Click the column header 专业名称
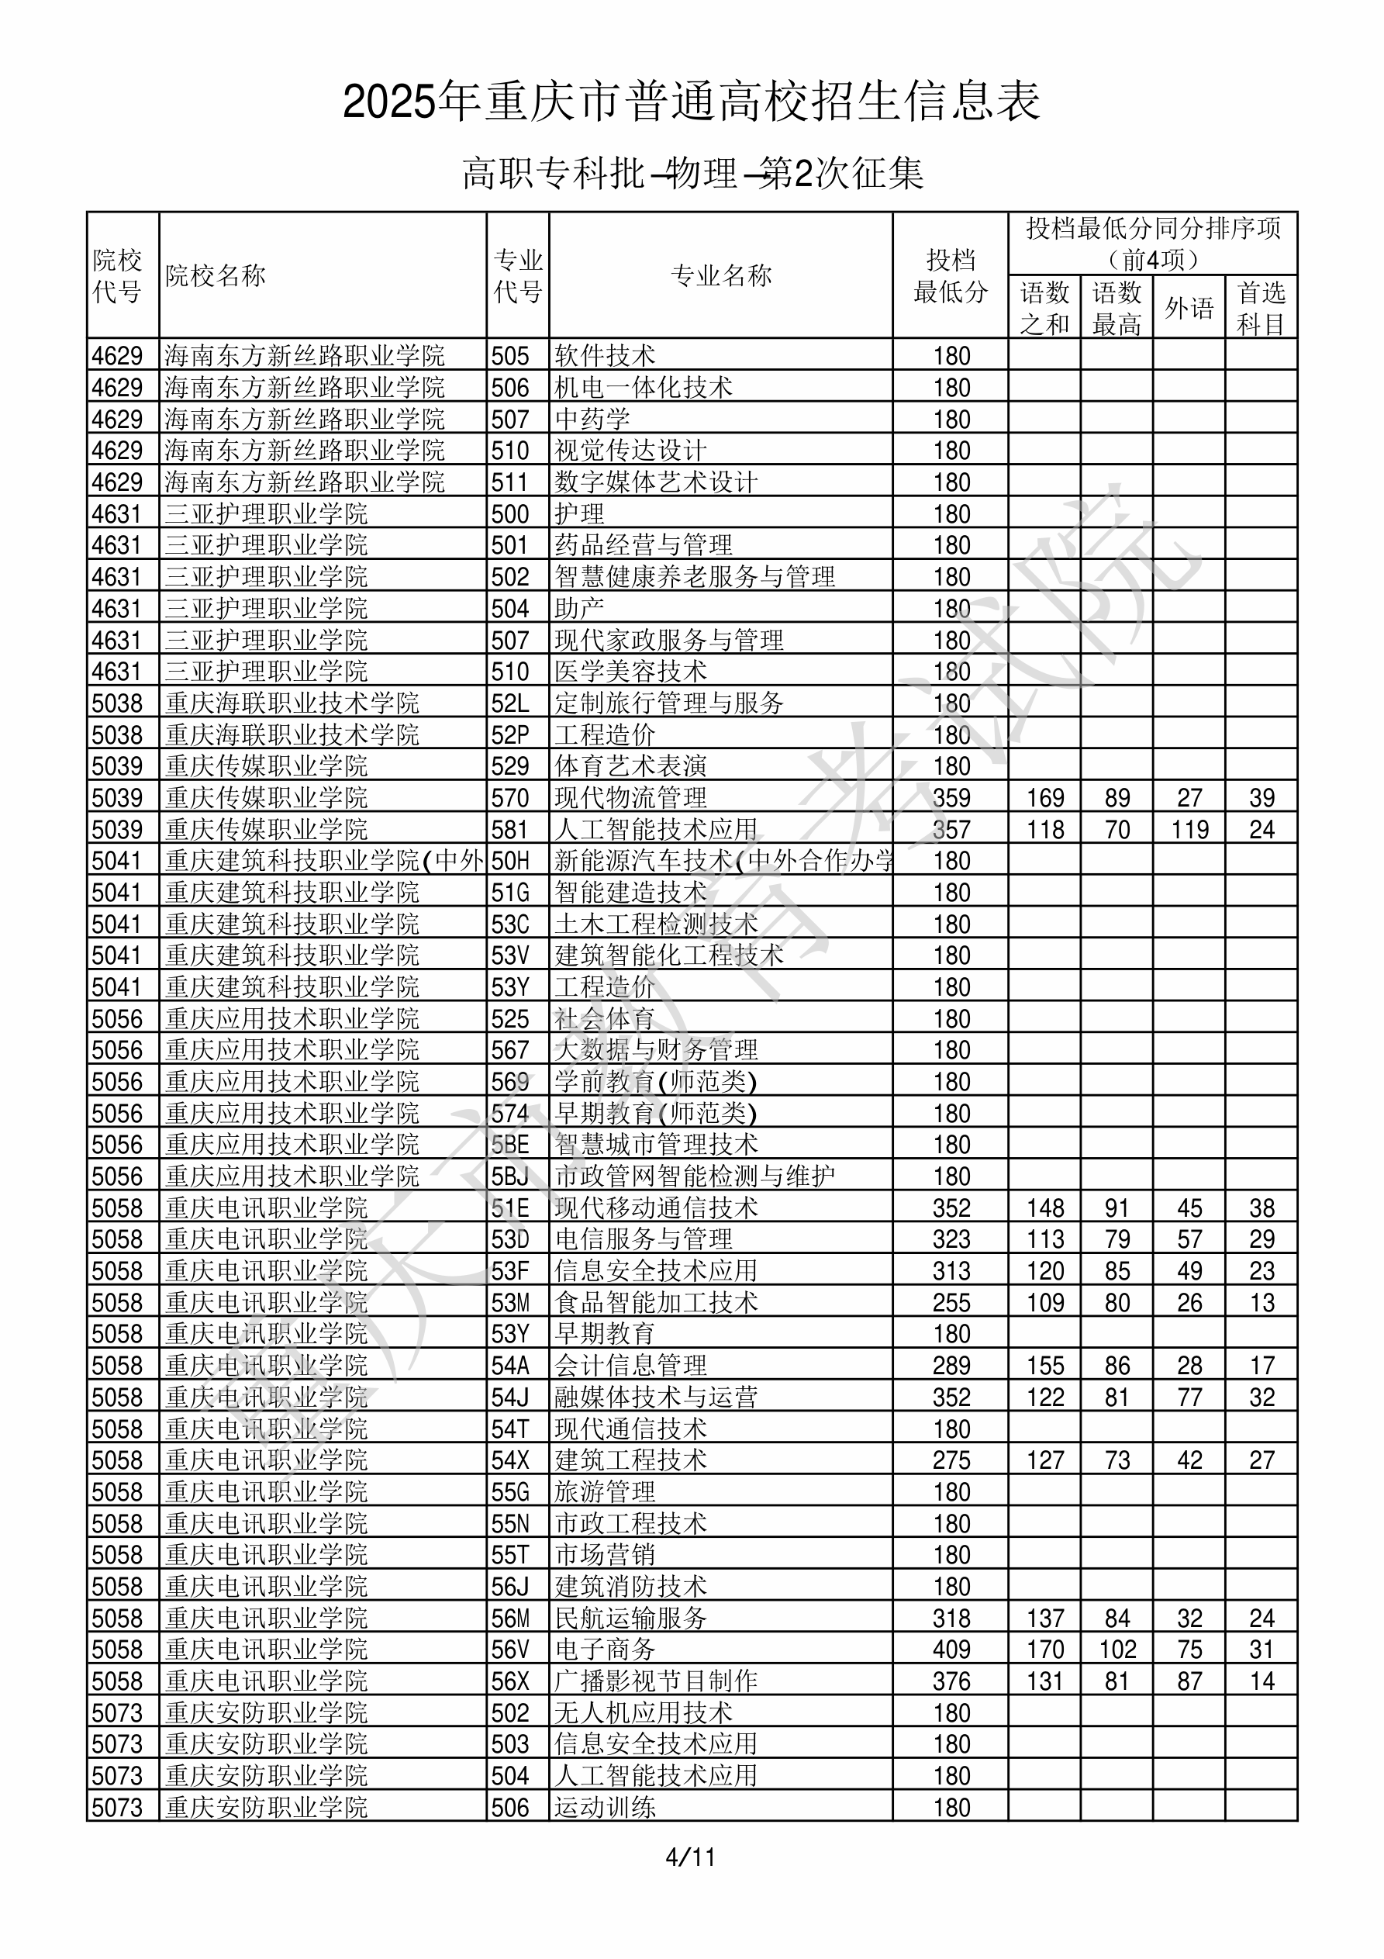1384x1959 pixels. click(x=721, y=275)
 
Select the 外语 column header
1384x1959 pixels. click(x=1189, y=308)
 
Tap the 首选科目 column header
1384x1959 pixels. click(x=1261, y=308)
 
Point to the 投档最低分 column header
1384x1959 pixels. click(x=951, y=275)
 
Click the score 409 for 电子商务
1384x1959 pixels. click(x=951, y=1650)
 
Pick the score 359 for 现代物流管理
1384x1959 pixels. click(x=951, y=798)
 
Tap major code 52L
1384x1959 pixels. click(x=510, y=703)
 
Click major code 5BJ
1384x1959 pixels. click(x=510, y=1176)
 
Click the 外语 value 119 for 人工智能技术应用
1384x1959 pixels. click(x=1189, y=829)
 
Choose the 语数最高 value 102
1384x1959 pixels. click(x=1117, y=1650)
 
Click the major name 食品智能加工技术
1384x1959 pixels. click(x=656, y=1303)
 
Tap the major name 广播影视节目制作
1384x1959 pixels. click(x=656, y=1681)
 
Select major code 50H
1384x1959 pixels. click(x=510, y=861)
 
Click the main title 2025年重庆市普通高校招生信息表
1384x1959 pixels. click(x=691, y=102)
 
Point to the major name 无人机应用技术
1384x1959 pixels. click(x=644, y=1712)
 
